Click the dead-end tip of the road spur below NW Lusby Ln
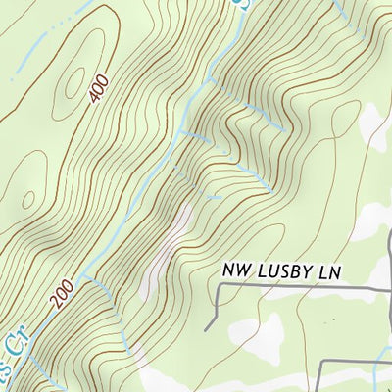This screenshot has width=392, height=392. pyautogui.click(x=207, y=329)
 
